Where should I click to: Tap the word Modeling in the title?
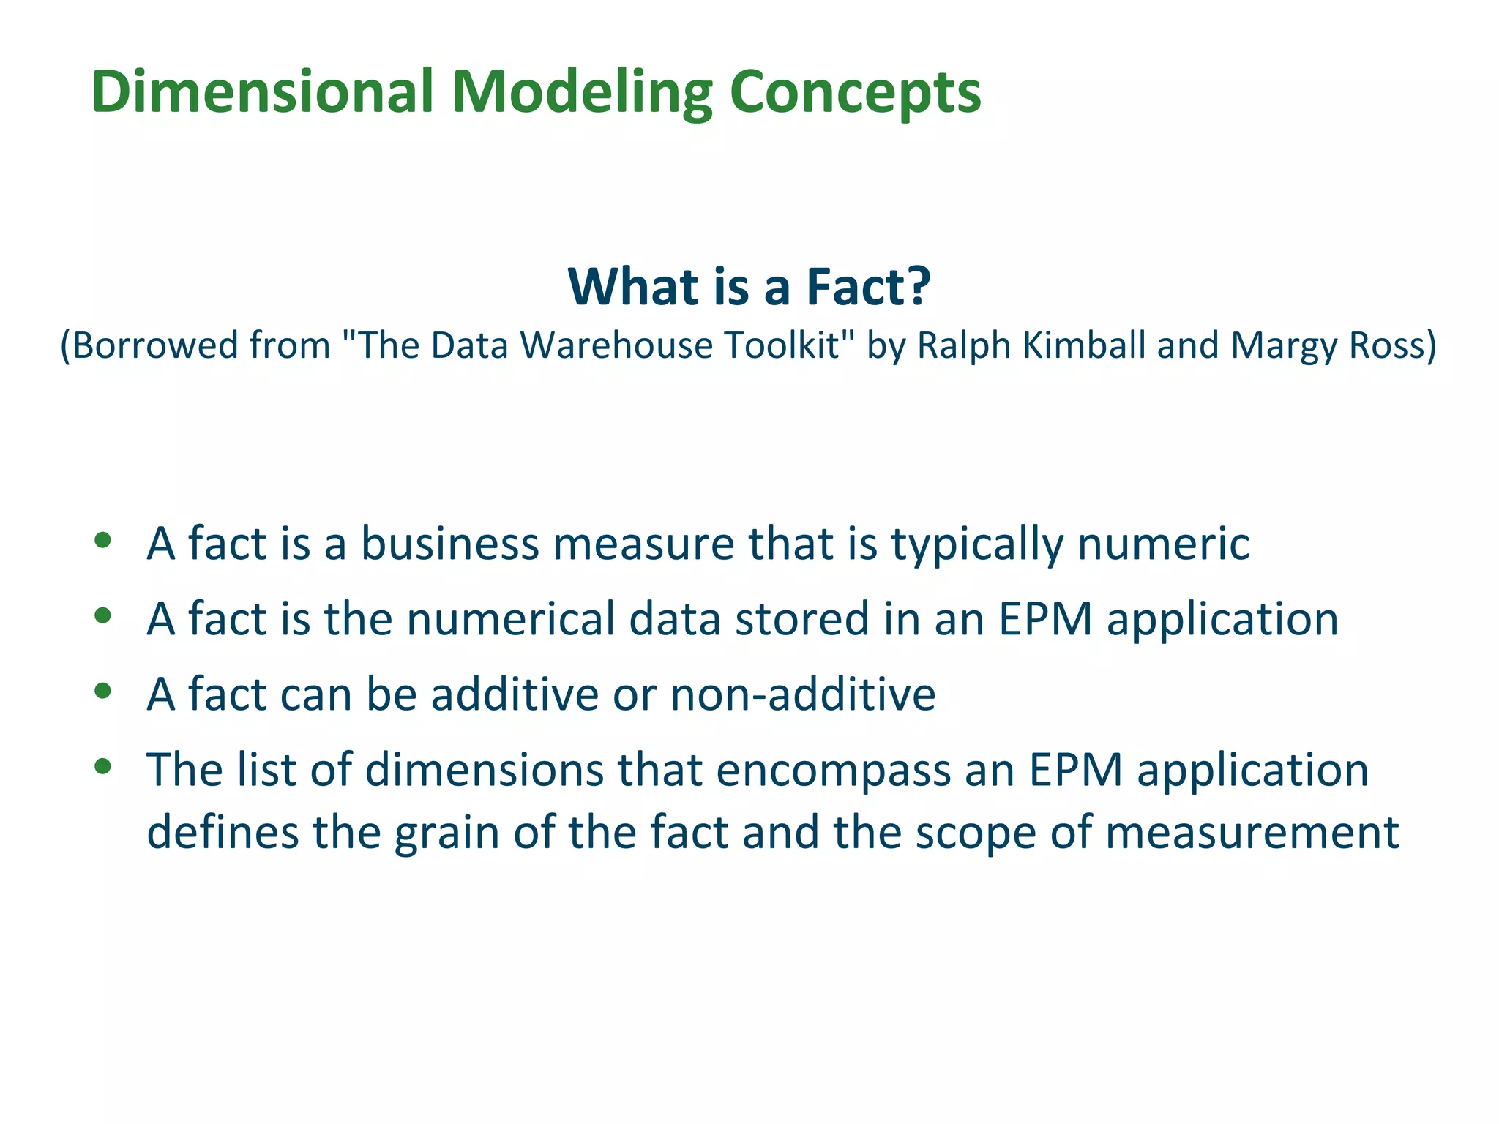582,92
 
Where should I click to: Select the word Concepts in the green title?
855,92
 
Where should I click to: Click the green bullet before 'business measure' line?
102,541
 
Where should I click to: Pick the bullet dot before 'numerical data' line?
102,616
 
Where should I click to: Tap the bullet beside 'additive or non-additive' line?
102,691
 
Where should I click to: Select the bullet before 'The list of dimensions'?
102,766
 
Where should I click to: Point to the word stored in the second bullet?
801,619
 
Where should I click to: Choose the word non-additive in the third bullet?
802,694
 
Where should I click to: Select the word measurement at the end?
1252,833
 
